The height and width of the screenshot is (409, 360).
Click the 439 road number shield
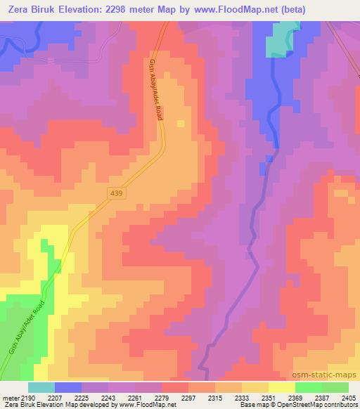point(117,193)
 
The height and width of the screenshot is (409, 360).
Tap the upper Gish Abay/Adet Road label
point(155,89)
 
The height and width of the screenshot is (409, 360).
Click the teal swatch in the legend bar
point(41,387)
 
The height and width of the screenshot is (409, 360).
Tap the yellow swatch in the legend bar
point(282,387)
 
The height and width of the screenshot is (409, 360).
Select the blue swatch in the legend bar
point(68,387)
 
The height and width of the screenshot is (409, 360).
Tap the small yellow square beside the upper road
point(181,124)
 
